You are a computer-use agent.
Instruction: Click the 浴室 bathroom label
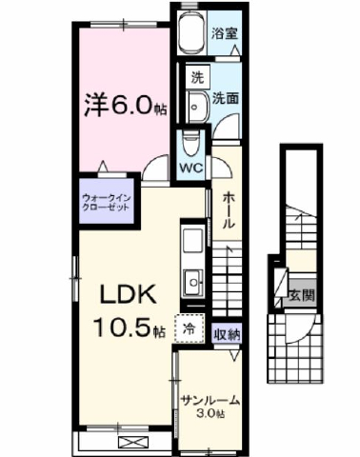click(x=225, y=30)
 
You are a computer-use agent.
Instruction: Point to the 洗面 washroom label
click(x=225, y=97)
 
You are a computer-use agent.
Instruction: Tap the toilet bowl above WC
click(x=190, y=143)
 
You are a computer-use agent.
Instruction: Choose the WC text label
click(x=191, y=168)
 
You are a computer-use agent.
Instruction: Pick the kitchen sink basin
click(x=194, y=281)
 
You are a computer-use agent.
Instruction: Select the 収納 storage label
click(x=227, y=333)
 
